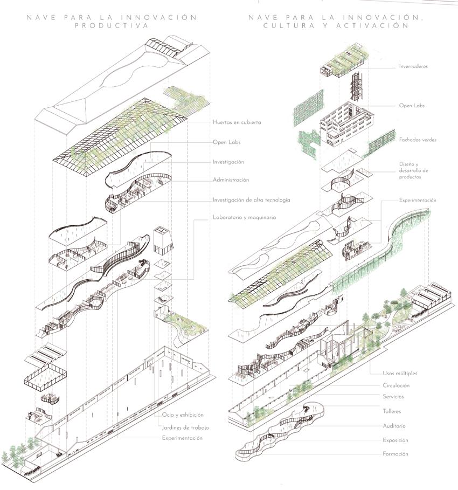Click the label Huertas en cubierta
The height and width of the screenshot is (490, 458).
coord(237,122)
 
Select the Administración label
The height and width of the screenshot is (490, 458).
coord(231,180)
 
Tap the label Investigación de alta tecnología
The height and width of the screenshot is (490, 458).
coord(251,200)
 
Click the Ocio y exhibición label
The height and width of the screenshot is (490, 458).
coord(183,415)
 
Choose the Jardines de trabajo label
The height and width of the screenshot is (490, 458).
coord(185,427)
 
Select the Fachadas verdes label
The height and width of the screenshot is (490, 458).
coord(417,140)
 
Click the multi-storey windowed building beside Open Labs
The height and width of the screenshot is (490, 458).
coord(345,125)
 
